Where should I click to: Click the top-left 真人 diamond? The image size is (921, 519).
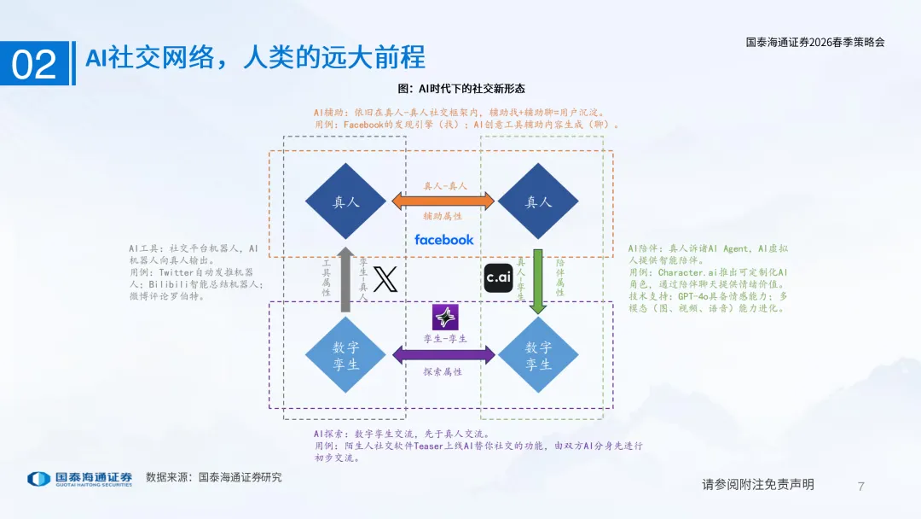[346, 202]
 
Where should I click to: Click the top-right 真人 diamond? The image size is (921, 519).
[538, 202]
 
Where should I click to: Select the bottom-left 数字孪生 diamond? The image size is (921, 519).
[346, 355]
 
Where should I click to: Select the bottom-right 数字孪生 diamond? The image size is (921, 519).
[538, 355]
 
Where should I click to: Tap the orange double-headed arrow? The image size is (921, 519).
[443, 201]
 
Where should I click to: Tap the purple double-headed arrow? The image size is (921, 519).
[443, 355]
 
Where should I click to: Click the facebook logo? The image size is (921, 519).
[443, 240]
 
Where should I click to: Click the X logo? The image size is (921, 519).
[386, 279]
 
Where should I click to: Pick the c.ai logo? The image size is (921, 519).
[498, 278]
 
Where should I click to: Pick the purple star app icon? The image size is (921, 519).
[445, 318]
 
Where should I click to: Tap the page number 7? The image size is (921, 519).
[860, 487]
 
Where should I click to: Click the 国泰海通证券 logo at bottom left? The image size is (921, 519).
[79, 479]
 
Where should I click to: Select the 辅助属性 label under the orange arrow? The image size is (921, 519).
[443, 218]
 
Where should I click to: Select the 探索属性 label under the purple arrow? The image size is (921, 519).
[443, 372]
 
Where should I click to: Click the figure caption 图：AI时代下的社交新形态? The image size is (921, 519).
[461, 89]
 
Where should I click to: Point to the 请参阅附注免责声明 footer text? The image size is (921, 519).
[758, 485]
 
